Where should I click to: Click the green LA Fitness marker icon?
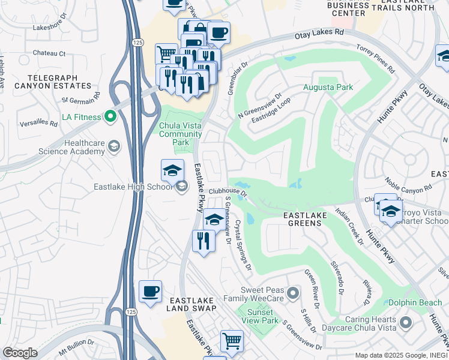pyautogui.click(x=110, y=116)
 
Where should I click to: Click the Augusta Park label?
pyautogui.click(x=327, y=87)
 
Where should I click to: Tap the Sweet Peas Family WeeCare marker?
pyautogui.click(x=292, y=293)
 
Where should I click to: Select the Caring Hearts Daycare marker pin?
pyautogui.click(x=406, y=323)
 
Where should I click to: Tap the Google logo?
pyautogui.click(x=20, y=353)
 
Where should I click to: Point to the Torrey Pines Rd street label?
pyautogui.click(x=376, y=58)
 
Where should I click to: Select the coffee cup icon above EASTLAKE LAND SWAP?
pyautogui.click(x=150, y=292)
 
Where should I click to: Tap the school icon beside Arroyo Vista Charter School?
pyautogui.click(x=391, y=212)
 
